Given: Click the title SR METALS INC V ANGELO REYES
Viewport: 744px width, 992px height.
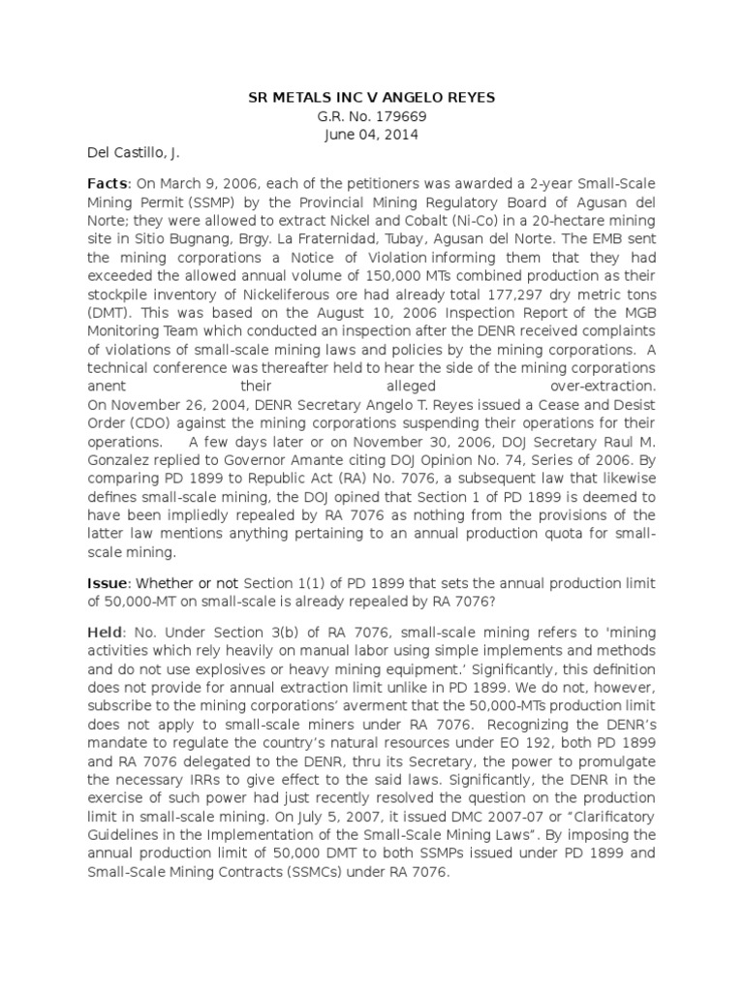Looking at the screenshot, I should pyautogui.click(x=371, y=97).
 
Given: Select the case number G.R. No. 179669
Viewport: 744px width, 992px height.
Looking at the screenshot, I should pyautogui.click(x=371, y=116).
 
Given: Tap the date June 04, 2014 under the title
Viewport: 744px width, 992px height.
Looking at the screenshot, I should pyautogui.click(x=371, y=135).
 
